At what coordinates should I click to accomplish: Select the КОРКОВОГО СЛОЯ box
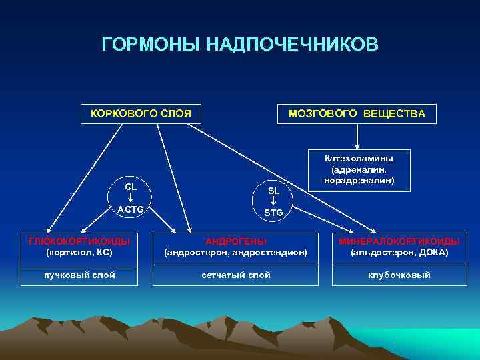(141, 114)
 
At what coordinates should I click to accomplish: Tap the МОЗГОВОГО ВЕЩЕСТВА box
(357, 114)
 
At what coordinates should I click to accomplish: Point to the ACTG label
(131, 210)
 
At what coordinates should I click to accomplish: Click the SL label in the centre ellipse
(273, 191)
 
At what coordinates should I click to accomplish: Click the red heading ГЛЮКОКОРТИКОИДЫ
(79, 240)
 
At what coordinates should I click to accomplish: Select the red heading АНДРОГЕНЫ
(235, 240)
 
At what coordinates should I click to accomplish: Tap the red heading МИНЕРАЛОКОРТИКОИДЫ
(399, 240)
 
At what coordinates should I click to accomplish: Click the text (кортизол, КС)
(79, 253)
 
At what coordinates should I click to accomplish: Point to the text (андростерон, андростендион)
(235, 253)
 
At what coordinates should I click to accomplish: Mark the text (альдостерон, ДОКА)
(399, 253)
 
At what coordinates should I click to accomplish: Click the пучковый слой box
(79, 275)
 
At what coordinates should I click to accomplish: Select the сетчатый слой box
(235, 275)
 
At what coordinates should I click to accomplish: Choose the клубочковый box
(399, 275)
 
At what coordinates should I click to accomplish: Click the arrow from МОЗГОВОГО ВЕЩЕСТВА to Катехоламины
(359, 137)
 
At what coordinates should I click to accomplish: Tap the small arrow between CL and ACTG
(131, 198)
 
